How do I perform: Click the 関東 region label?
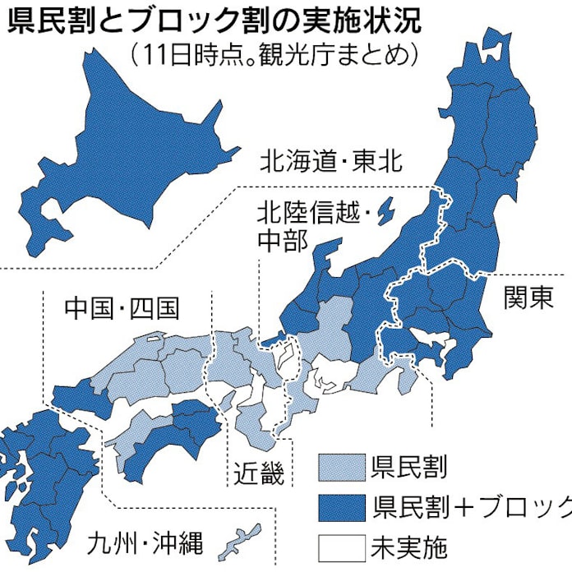click(528, 297)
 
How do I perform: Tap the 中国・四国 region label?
click(122, 308)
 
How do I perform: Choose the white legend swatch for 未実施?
click(340, 543)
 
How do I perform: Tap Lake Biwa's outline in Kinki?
click(287, 355)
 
